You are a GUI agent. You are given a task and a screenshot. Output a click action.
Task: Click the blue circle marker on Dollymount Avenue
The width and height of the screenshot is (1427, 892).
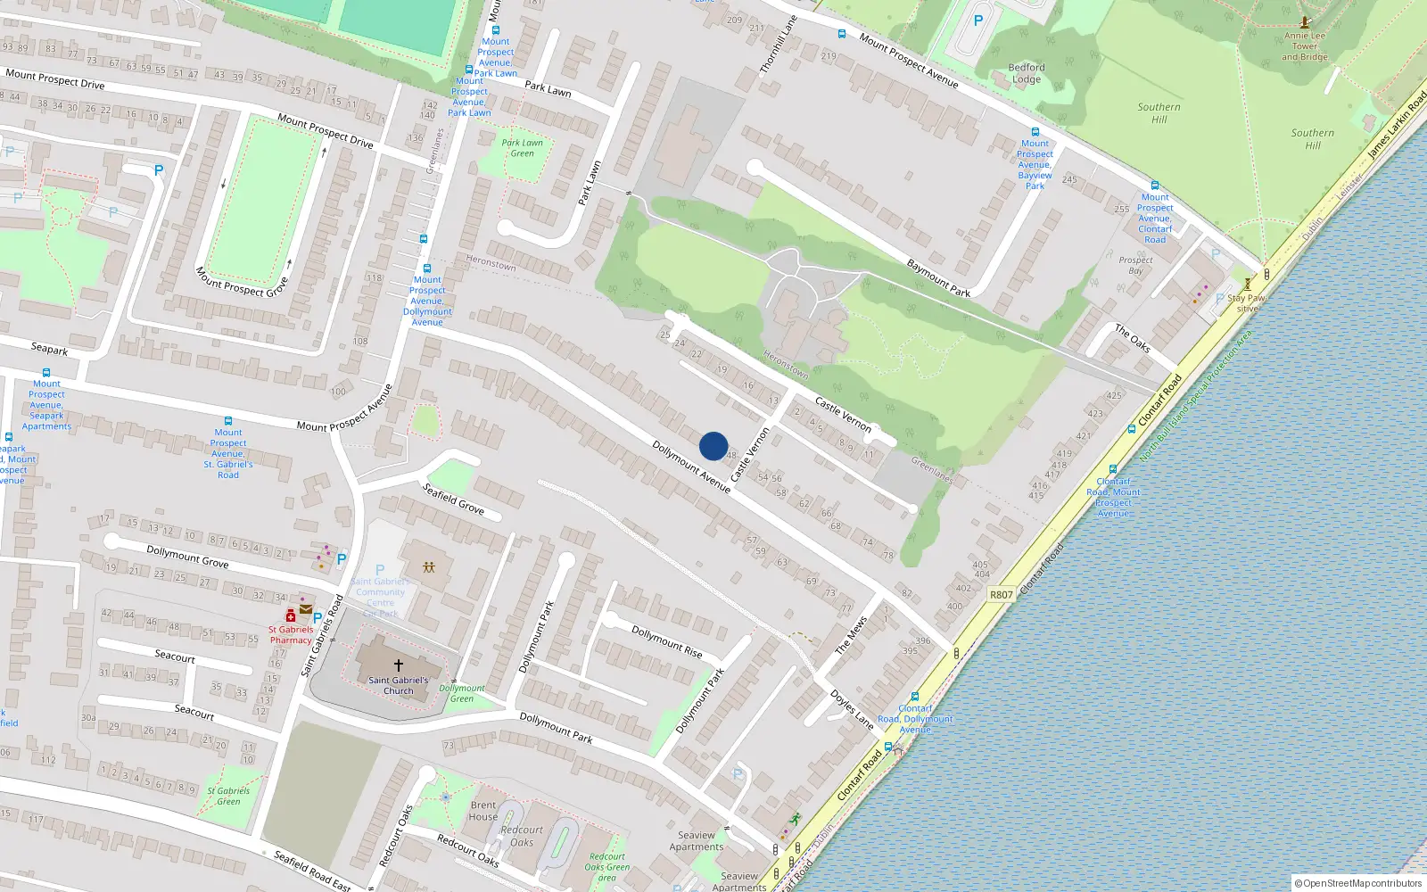pos(713,446)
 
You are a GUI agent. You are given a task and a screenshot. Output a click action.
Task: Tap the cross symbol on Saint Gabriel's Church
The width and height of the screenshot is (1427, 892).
pos(399,665)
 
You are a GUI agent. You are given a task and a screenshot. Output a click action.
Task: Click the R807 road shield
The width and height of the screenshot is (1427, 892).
pos(1002,594)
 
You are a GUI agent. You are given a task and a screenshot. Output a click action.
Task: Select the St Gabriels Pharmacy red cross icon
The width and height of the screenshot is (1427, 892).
pos(291,616)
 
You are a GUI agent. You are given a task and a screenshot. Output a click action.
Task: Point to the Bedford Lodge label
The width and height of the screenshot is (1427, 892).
pos(1027,73)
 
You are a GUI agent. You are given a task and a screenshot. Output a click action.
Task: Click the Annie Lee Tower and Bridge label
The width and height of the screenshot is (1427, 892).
pos(1305,46)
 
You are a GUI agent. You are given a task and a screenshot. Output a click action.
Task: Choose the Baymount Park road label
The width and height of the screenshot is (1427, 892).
pos(938,278)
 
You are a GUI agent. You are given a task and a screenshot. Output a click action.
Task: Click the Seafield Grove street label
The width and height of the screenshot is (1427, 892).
pos(453,500)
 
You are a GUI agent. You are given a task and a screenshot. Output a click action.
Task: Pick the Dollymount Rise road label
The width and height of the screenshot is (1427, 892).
pos(667,641)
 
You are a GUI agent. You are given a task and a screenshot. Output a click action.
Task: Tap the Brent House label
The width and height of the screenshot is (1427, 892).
pos(483,811)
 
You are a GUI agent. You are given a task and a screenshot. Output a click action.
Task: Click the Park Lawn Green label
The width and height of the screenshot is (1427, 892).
pos(522,148)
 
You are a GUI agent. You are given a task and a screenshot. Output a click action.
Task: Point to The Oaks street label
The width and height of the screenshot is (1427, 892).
pos(1133,338)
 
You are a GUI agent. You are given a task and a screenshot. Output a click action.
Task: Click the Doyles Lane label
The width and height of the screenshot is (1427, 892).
pos(852,709)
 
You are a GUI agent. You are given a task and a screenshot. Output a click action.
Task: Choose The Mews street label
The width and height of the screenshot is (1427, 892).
pos(850,635)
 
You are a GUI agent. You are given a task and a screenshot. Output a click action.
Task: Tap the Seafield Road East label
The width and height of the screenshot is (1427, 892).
pos(312,871)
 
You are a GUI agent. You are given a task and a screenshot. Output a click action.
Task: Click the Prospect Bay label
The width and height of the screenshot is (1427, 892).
pos(1135,265)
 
